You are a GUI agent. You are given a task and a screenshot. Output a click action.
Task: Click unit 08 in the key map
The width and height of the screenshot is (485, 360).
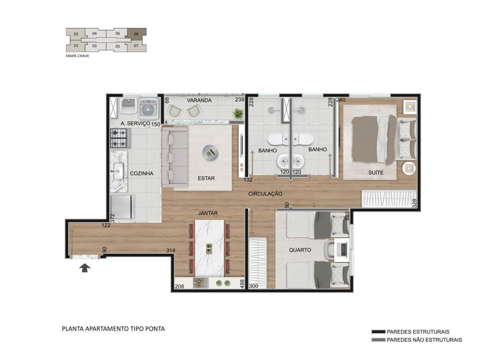pyautogui.click(x=136, y=34)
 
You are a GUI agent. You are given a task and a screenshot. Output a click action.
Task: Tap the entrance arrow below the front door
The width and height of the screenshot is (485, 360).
pyautogui.click(x=85, y=268)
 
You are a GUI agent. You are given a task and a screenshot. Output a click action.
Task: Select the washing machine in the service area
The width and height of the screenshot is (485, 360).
pyautogui.click(x=149, y=109)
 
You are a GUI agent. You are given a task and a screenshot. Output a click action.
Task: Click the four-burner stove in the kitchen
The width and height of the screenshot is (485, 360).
pyautogui.click(x=119, y=138)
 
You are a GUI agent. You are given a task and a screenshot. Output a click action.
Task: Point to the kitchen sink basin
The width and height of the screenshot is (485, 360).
pyautogui.click(x=118, y=171)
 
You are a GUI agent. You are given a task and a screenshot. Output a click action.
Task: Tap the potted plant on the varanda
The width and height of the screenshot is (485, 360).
pyautogui.click(x=238, y=113)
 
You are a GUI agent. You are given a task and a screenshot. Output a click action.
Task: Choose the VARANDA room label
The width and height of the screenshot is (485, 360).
pyautogui.click(x=199, y=100)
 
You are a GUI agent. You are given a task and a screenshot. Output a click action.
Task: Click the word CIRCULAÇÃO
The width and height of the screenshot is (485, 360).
pyautogui.click(x=265, y=194)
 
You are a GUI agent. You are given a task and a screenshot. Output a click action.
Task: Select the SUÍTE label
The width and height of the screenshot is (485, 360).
pyautogui.click(x=376, y=173)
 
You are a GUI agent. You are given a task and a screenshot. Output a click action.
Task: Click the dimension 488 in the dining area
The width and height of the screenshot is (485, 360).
pyautogui.click(x=242, y=284)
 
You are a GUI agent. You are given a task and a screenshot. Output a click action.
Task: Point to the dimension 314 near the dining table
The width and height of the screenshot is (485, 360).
pyautogui.click(x=171, y=250)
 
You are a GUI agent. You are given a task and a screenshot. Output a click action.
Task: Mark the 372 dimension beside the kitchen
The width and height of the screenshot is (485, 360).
pyautogui.click(x=112, y=218)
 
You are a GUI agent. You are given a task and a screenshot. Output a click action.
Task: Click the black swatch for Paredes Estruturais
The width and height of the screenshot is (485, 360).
pyautogui.click(x=378, y=332)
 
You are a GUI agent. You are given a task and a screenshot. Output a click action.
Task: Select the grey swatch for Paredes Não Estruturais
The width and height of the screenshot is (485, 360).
pyautogui.click(x=378, y=340)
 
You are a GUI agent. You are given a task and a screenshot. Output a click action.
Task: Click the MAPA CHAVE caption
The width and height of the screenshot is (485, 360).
pyautogui.click(x=78, y=56)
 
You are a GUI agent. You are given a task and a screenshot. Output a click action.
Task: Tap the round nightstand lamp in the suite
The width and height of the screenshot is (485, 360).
pyautogui.click(x=409, y=168)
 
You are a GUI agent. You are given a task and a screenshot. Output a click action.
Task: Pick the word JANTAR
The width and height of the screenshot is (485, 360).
pyautogui.click(x=208, y=213)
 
